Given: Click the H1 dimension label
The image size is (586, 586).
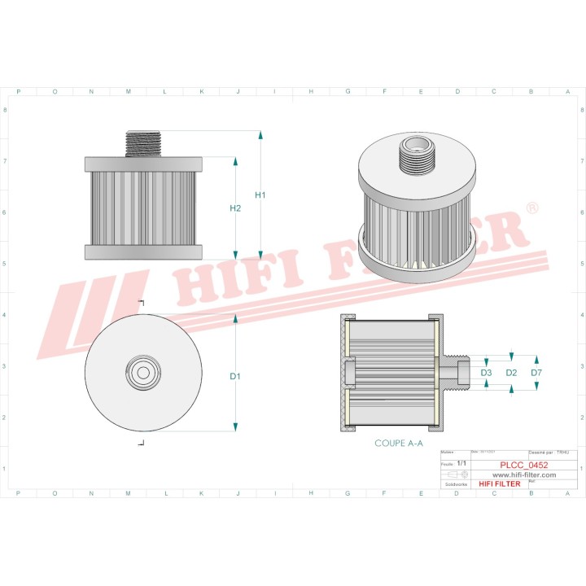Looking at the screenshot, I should click(x=260, y=195).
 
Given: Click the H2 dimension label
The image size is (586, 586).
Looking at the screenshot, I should click(x=235, y=208).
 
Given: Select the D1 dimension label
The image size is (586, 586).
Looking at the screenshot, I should click(x=235, y=376).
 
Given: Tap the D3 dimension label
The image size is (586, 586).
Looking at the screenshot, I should click(x=486, y=373).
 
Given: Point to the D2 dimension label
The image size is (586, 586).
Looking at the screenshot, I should click(x=511, y=373).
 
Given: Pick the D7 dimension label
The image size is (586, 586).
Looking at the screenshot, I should click(x=536, y=373).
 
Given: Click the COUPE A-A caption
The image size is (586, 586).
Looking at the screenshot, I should click(x=398, y=444).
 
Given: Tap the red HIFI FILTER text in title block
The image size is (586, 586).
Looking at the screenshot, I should click(x=499, y=483).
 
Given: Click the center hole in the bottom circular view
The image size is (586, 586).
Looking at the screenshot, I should click(x=142, y=373).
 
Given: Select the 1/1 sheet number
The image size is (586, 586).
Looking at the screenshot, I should click(x=461, y=463).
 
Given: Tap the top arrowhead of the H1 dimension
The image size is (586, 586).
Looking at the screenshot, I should click(x=260, y=134).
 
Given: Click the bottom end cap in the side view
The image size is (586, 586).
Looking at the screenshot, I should click(x=142, y=251).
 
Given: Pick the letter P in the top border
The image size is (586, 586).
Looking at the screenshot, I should click(x=19, y=91).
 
